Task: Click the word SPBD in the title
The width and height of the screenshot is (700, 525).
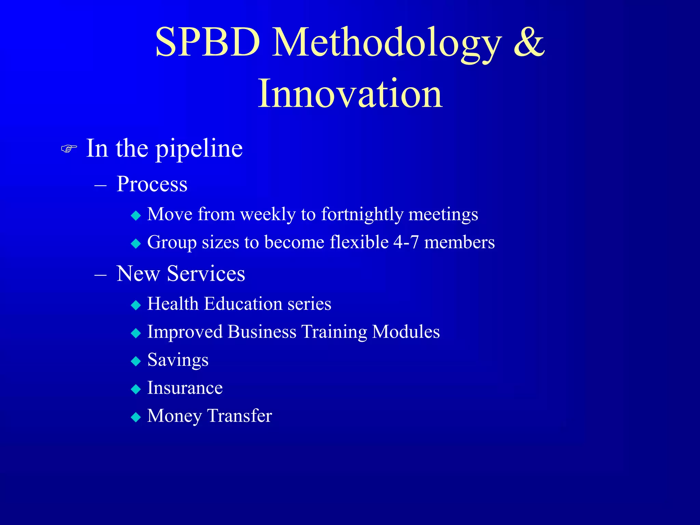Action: (207, 42)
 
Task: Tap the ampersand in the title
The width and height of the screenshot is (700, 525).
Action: (528, 42)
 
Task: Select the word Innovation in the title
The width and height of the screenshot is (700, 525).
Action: (350, 94)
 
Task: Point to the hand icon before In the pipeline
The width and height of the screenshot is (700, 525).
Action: (69, 149)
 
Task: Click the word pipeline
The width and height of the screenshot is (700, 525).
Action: (199, 149)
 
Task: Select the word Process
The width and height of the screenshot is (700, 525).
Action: (152, 184)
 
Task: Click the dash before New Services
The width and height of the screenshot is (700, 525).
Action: (100, 274)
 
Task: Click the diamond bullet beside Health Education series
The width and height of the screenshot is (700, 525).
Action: (136, 305)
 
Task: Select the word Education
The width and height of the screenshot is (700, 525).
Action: (243, 304)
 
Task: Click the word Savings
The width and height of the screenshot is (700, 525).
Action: (178, 360)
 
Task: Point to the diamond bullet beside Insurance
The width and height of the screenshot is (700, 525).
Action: (136, 389)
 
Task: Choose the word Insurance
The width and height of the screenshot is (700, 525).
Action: (185, 388)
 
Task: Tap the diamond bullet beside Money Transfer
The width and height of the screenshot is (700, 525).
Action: (136, 417)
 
